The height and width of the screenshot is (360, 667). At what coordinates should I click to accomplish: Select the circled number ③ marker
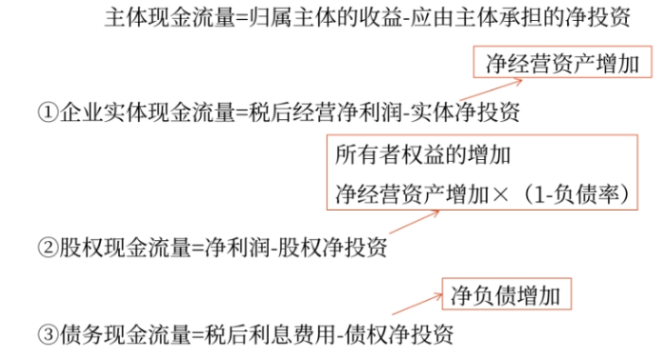48,334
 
